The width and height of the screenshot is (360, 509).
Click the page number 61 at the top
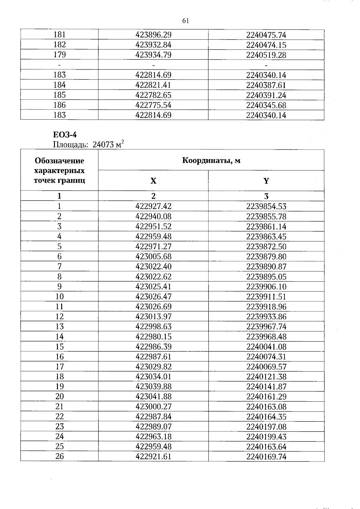[185, 21]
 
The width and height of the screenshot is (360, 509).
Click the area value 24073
[103, 145]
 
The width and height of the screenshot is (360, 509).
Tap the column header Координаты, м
[211, 160]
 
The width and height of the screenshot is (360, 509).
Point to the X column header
[153, 181]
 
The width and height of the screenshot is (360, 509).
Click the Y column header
[266, 181]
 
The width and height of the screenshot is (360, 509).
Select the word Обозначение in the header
[59, 161]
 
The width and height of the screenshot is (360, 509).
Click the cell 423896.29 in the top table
[153, 35]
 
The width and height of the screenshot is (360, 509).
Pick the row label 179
[59, 55]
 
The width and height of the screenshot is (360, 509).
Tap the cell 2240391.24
[266, 95]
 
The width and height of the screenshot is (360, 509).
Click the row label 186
[59, 105]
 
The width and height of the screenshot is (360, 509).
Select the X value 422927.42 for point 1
[153, 206]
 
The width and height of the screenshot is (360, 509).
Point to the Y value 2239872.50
[266, 247]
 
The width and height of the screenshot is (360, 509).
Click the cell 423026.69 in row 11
[153, 307]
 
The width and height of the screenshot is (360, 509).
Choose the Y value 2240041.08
[266, 347]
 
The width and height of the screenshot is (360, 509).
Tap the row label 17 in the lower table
[59, 367]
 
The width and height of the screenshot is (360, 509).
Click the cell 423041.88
[153, 397]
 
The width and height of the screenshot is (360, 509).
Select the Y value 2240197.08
[266, 427]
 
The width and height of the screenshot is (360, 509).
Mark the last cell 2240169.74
[266, 457]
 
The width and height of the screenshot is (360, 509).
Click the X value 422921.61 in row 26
[153, 457]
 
